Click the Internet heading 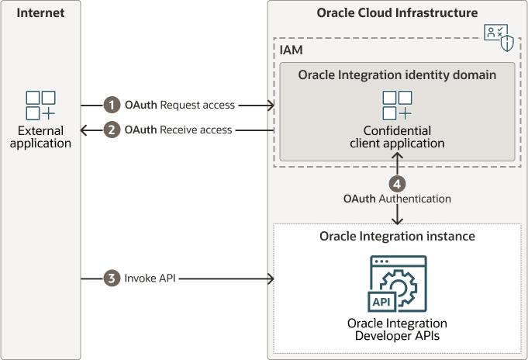point(40,13)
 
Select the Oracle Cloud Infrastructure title point(397,13)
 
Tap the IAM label point(292,50)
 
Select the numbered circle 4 point(398,184)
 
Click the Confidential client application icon point(398,106)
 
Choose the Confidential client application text point(398,137)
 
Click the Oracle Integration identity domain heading point(398,74)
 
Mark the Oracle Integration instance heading point(397,236)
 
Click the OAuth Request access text point(180,105)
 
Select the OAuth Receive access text point(178,130)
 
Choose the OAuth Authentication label point(397,199)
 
